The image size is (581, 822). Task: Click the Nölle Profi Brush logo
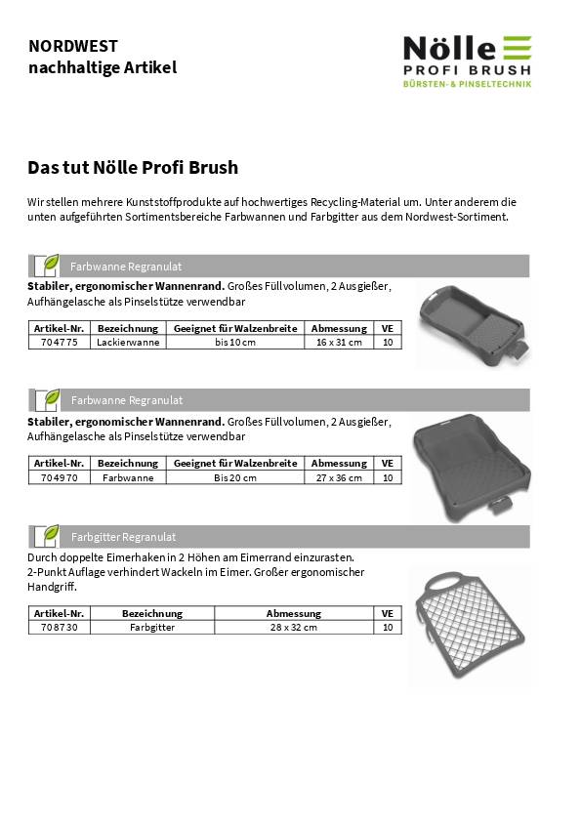click(x=468, y=62)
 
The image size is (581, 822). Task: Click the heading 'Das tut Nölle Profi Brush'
click(x=133, y=167)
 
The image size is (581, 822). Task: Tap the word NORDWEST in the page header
click(x=73, y=46)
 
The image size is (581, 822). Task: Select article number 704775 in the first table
click(x=60, y=342)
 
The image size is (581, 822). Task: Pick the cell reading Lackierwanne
click(x=127, y=342)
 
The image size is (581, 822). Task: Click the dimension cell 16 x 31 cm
click(x=339, y=342)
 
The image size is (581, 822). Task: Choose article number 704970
click(x=60, y=477)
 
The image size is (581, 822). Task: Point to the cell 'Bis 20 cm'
click(x=235, y=477)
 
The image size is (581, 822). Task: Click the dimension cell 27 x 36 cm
click(x=339, y=477)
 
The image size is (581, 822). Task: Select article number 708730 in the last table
click(x=60, y=628)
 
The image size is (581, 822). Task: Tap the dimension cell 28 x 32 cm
click(x=293, y=628)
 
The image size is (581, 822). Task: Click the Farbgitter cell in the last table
click(x=152, y=628)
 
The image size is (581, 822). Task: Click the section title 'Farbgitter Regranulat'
click(x=123, y=537)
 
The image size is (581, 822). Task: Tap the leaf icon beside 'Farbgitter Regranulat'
click(x=47, y=536)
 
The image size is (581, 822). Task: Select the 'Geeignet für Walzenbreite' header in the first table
click(x=235, y=328)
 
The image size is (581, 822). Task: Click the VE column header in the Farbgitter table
click(x=388, y=614)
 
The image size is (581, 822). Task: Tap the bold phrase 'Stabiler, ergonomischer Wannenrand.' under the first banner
click(x=126, y=287)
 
